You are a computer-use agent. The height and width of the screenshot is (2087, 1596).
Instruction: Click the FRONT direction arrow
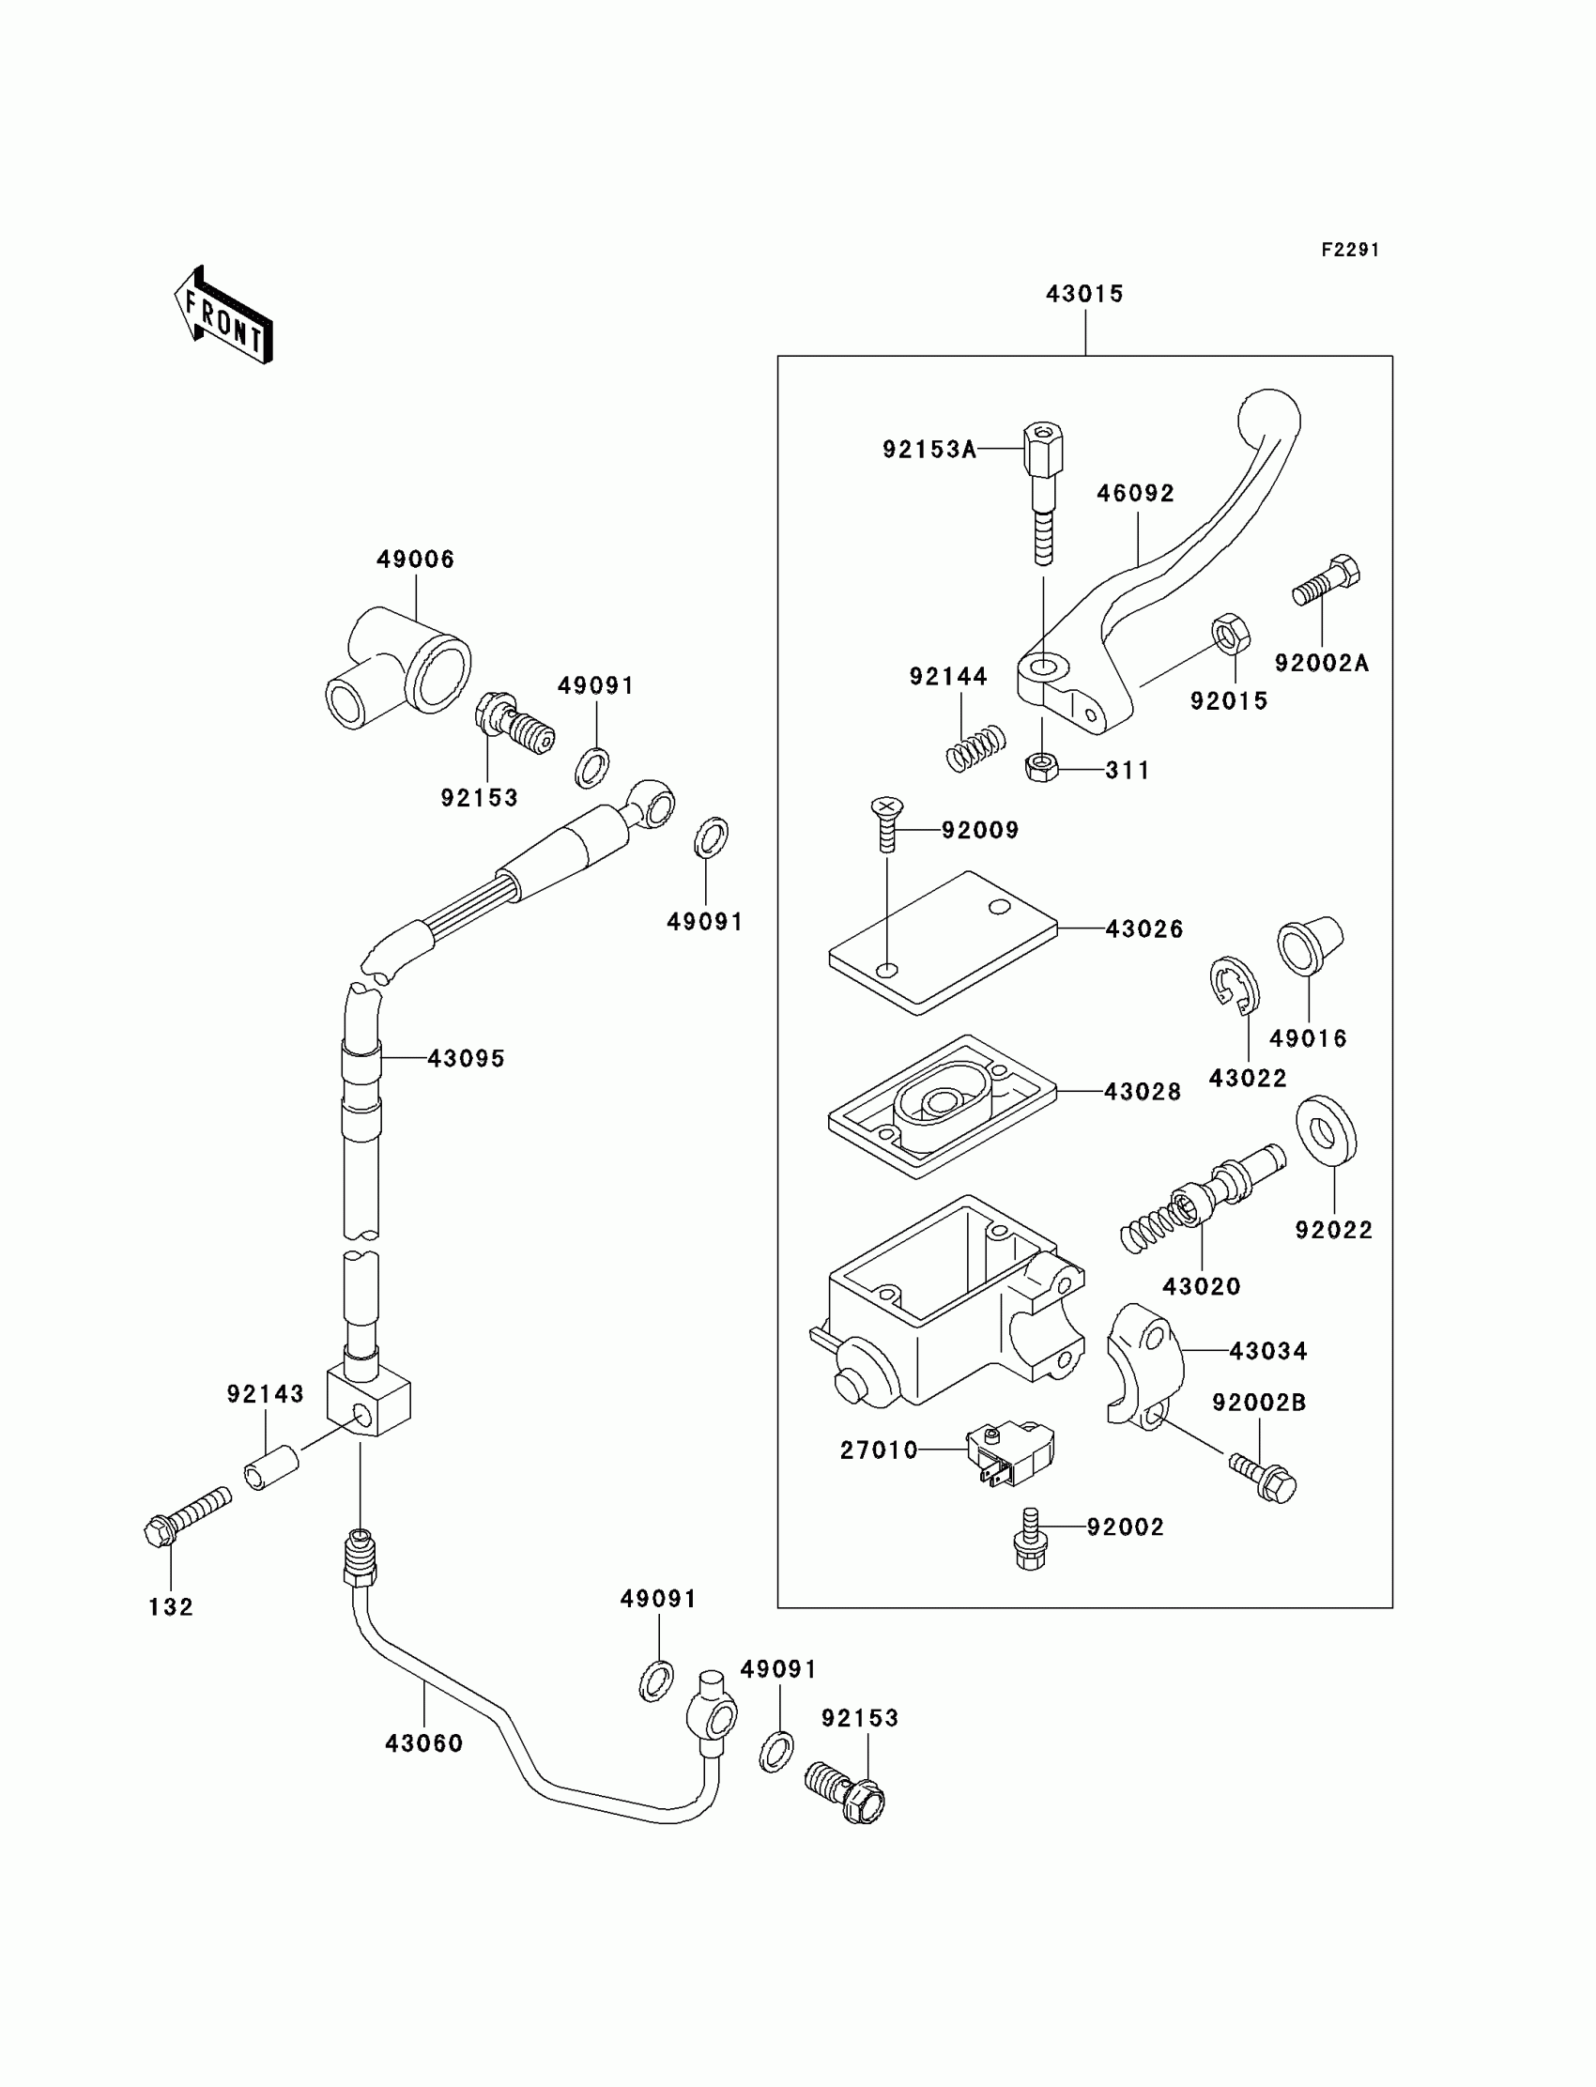click(x=224, y=316)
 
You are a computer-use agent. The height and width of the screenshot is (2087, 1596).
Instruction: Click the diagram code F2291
click(x=1350, y=250)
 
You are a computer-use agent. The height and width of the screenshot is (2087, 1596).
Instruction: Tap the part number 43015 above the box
click(x=1085, y=295)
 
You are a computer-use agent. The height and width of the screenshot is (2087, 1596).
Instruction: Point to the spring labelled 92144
click(x=975, y=748)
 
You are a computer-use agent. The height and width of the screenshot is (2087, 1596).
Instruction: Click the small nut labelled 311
click(x=1043, y=767)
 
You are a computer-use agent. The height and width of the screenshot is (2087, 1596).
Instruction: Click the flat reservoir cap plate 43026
click(x=944, y=944)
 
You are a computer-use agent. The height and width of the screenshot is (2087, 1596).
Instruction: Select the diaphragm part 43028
click(x=944, y=1107)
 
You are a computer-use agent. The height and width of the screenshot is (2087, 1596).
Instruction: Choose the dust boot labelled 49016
click(x=1310, y=945)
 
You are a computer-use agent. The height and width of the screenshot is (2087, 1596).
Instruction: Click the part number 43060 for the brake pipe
click(x=423, y=1743)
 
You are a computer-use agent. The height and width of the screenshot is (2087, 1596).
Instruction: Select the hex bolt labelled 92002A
click(x=1327, y=580)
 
